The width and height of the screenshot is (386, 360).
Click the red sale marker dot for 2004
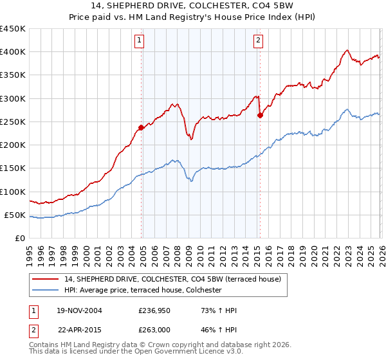click(x=142, y=127)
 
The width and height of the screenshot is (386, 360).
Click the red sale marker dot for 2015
click(x=260, y=116)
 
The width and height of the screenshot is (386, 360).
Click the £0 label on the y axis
click(x=20, y=238)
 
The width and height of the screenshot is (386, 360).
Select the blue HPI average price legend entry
click(x=142, y=290)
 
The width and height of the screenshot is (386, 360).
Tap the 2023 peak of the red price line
click(x=347, y=50)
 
